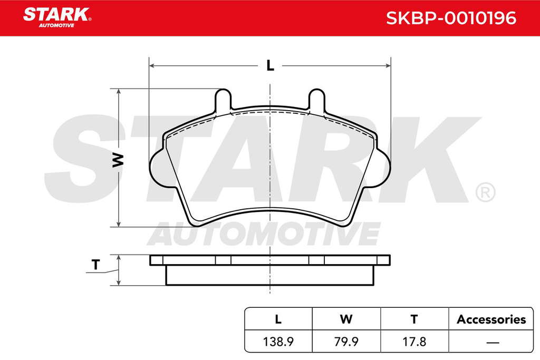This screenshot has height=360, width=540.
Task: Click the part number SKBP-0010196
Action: [451, 18]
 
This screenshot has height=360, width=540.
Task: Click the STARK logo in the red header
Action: [57, 17]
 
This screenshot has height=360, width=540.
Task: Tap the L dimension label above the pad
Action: [271, 65]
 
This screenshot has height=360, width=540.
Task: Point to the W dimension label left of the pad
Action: [118, 160]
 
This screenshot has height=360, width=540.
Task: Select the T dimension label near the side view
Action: [95, 265]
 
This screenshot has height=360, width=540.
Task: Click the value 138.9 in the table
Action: [278, 342]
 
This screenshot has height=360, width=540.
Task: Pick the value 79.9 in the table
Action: [346, 342]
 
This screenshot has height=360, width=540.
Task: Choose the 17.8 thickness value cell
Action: [414, 342]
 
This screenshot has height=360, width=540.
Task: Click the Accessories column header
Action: [491, 319]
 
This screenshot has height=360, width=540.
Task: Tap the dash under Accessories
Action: [493, 343]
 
